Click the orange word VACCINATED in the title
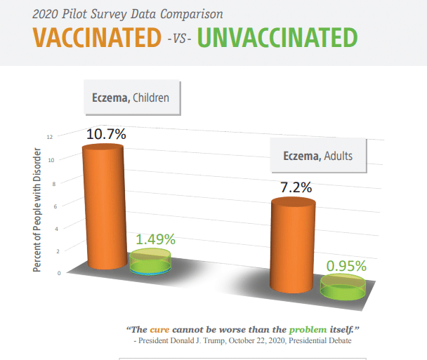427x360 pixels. [97, 38]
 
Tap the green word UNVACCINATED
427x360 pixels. [277, 38]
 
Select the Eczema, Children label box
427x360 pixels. [132, 97]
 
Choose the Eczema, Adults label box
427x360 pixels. [318, 155]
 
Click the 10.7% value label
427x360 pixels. [106, 134]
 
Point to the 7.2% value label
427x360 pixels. [296, 187]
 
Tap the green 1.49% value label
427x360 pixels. [155, 239]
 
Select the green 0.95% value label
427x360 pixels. [346, 266]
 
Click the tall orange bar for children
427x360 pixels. [105, 207]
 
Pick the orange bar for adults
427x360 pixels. [293, 245]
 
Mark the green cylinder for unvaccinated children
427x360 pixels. [150, 261]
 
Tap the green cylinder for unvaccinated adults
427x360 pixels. [343, 287]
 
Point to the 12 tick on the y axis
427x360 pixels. [50, 137]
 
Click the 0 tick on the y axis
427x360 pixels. [59, 273]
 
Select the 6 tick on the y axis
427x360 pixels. [55, 206]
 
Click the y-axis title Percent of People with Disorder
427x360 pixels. [37, 210]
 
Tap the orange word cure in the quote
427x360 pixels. [159, 330]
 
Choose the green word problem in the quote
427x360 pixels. [308, 330]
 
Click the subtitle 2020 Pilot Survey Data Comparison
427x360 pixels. [128, 14]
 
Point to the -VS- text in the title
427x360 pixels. [179, 39]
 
